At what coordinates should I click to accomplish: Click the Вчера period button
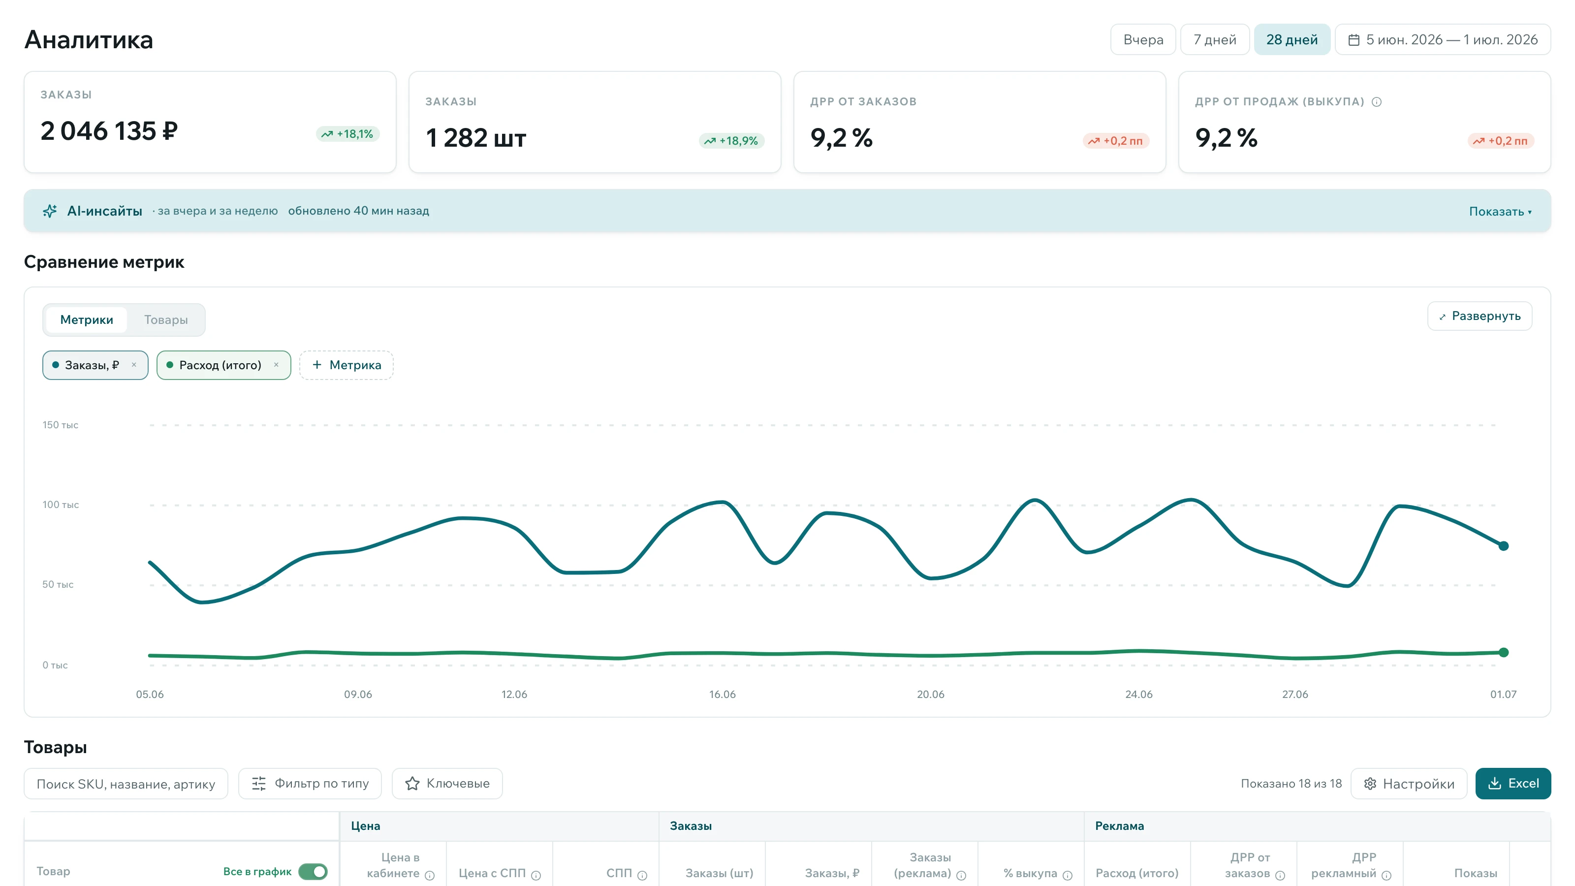[x=1143, y=40]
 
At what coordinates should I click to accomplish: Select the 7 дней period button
[x=1214, y=40]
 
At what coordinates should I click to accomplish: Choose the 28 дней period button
[x=1292, y=40]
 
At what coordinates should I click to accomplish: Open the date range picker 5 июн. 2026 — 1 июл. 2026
[x=1442, y=40]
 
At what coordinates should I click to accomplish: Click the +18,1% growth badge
[x=348, y=134]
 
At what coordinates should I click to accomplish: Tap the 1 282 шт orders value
[x=475, y=138]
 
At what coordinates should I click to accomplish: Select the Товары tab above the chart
[x=166, y=320]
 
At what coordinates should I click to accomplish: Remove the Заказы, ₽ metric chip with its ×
[x=134, y=365]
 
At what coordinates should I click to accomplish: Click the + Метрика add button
[x=346, y=365]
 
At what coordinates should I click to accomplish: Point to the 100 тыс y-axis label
[x=61, y=505]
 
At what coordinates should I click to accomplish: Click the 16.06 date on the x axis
[x=722, y=695]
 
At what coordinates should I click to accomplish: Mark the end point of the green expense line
[x=1504, y=652]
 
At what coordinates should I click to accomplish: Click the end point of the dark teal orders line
[x=1504, y=546]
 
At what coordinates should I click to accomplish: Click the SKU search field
[x=126, y=784]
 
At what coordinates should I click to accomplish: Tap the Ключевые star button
[x=447, y=784]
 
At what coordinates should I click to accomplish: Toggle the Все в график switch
[x=313, y=871]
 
